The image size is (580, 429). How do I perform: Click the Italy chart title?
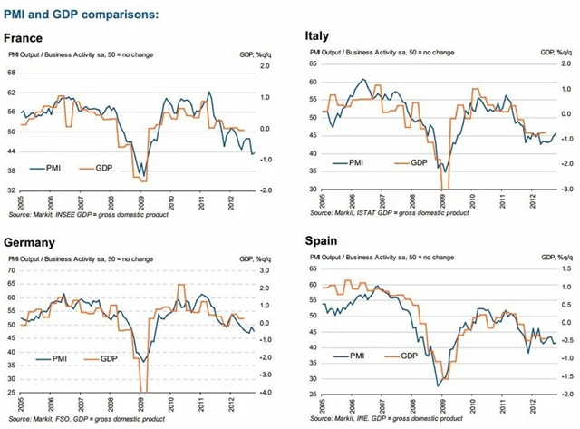[322, 36]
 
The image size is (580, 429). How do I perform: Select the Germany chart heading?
[32, 243]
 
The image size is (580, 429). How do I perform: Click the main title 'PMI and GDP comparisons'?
[81, 14]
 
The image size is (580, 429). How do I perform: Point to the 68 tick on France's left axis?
[11, 72]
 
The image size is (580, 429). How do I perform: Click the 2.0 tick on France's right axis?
[266, 67]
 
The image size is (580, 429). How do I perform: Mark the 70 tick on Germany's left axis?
[11, 270]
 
